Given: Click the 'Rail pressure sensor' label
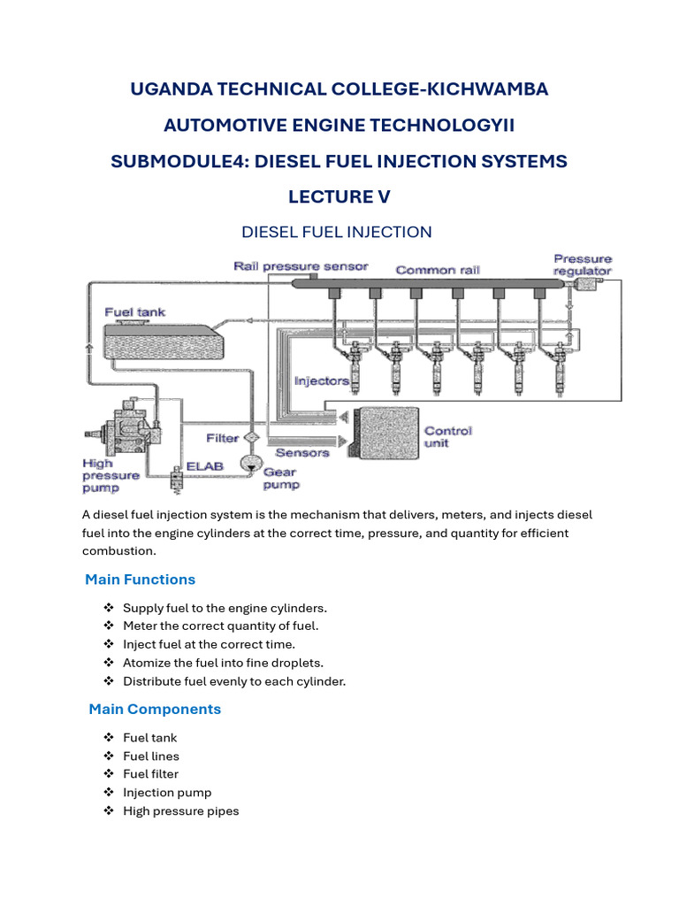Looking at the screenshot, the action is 301,266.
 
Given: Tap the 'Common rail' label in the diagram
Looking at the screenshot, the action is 438,270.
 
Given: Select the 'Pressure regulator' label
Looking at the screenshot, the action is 583,265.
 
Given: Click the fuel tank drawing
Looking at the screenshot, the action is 164,342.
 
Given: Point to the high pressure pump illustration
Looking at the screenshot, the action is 124,428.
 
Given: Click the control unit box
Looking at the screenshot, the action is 386,433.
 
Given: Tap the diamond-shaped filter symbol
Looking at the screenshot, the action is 252,438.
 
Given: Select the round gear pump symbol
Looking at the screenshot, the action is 251,464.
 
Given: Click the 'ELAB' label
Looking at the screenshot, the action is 204,466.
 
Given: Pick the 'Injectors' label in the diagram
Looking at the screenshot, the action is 322,380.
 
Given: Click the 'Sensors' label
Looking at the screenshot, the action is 302,452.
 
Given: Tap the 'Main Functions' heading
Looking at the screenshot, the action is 141,580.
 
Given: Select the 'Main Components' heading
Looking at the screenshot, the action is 155,709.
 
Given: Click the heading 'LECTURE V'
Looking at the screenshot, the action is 339,197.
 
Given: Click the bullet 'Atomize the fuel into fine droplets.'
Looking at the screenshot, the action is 223,663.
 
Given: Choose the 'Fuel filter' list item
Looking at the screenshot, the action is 150,774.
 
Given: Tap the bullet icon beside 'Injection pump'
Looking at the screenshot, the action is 109,792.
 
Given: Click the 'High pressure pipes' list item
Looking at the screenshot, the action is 180,811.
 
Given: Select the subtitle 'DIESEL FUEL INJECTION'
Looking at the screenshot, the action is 337,233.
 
